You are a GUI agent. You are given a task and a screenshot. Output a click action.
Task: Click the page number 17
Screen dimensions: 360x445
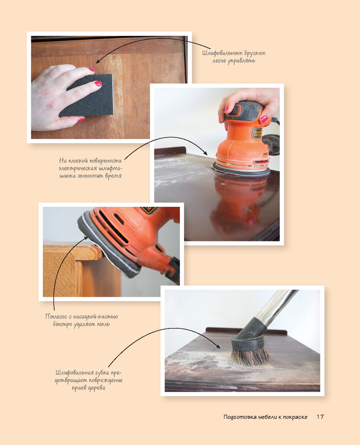pos(320,417)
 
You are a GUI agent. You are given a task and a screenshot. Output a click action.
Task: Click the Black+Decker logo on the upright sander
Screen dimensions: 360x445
pos(257,133)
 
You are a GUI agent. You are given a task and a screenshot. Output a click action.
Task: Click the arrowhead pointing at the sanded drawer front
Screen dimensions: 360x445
pos(98,62)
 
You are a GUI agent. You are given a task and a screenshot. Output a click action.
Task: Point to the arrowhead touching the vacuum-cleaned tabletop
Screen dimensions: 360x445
pos(218,346)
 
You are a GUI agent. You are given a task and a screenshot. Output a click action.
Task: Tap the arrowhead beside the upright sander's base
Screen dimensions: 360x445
pos(206,153)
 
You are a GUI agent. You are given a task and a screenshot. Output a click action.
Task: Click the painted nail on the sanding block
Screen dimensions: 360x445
pos(98,83)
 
